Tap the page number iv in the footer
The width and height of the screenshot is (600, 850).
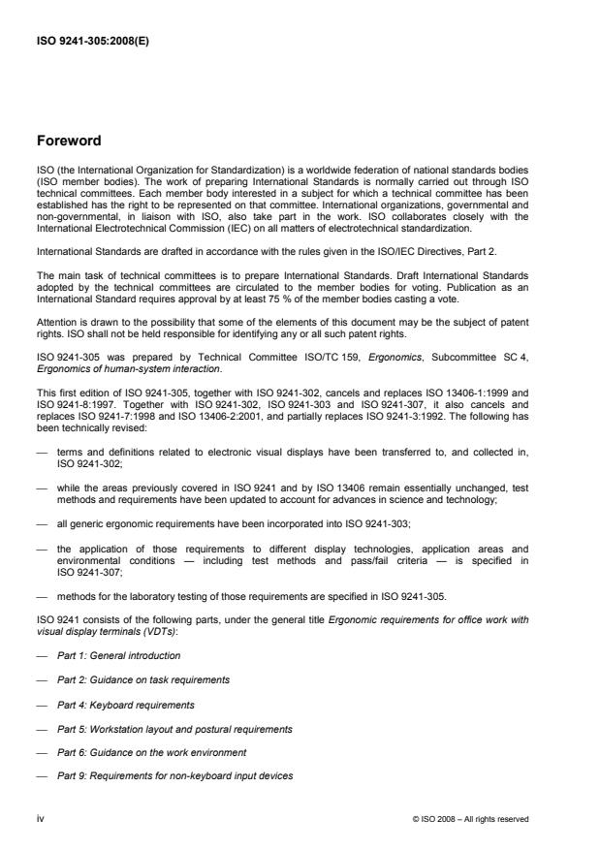(x=41, y=819)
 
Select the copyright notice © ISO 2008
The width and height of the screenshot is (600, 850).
(x=469, y=820)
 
